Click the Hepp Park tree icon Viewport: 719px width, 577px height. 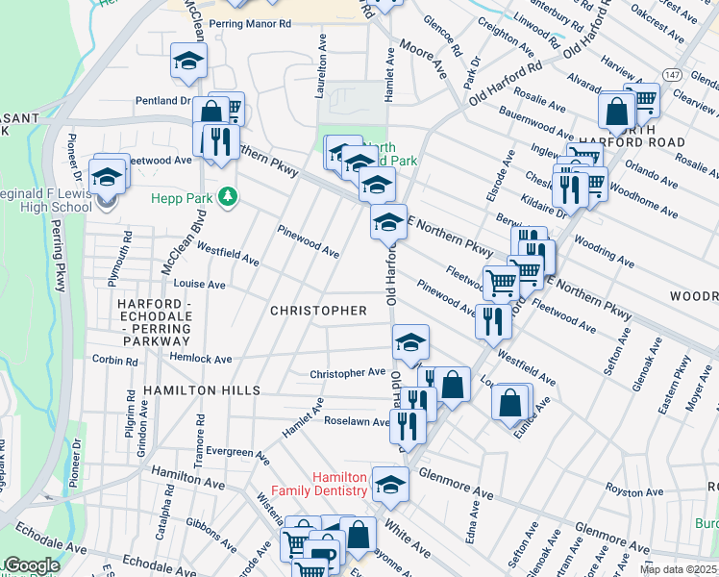point(228,197)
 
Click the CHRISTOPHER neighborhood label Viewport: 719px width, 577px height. point(318,311)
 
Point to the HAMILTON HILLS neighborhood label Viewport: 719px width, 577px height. point(202,390)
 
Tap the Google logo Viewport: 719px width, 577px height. point(31,565)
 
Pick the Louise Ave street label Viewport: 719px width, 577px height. point(199,285)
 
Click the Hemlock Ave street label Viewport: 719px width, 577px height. point(202,359)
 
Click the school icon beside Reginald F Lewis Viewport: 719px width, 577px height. point(108,177)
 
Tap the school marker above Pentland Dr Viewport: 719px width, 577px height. point(188,63)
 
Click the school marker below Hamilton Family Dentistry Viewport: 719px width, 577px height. point(390,487)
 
